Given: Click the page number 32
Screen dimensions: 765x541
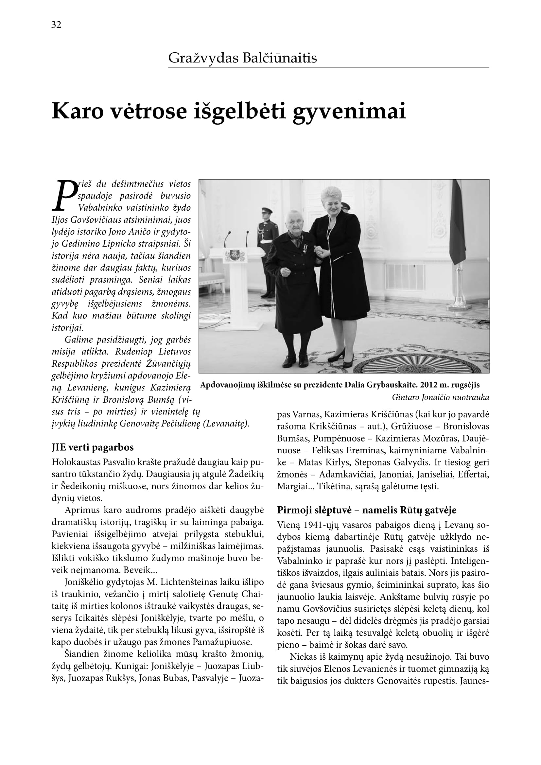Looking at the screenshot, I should coord(56,25).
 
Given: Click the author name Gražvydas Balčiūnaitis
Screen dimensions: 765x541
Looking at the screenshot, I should coord(242,58).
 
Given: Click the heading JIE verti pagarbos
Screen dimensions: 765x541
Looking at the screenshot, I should coord(93,447).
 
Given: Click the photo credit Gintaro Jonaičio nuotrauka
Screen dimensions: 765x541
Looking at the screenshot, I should coord(440,397).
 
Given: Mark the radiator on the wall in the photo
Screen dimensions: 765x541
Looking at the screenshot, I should coord(405,277).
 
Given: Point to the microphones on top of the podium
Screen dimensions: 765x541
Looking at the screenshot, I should coord(236,237).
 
